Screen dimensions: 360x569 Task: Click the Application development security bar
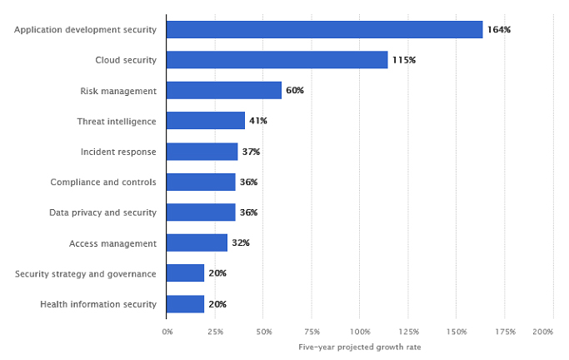[324, 29]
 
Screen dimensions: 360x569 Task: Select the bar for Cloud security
[277, 60]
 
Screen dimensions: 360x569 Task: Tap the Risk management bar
[224, 90]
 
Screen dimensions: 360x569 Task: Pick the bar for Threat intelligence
[206, 121]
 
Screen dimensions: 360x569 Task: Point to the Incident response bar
[202, 152]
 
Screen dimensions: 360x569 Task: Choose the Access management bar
[197, 242]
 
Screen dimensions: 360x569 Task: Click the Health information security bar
[185, 304]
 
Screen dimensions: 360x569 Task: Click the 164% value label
[499, 29]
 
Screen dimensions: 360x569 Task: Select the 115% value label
[404, 60]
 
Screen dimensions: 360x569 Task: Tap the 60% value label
[295, 90]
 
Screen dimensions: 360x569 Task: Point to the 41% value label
[258, 121]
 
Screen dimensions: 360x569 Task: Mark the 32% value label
[241, 242]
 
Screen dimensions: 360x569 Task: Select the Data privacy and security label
[102, 212]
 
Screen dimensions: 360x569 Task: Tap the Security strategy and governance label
[86, 273]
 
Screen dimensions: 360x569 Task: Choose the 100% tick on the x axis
[360, 332]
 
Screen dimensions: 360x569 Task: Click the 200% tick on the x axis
[543, 332]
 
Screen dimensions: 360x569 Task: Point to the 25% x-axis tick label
[215, 332]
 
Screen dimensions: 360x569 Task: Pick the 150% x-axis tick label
[457, 332]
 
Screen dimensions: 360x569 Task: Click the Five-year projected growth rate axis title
[360, 347]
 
